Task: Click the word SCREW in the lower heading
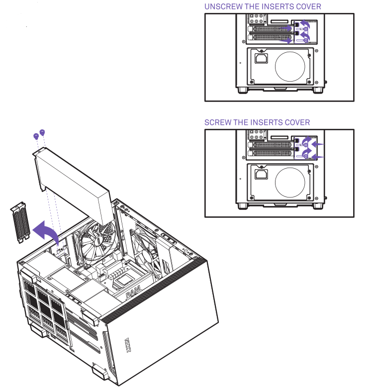coord(218,122)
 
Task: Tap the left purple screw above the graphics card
coord(36,136)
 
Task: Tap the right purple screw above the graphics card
coord(42,132)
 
